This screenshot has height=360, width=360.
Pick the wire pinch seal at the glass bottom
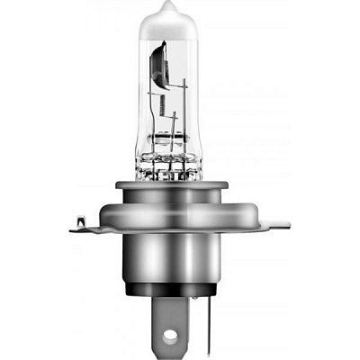172,166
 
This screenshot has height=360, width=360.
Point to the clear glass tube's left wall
138,108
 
